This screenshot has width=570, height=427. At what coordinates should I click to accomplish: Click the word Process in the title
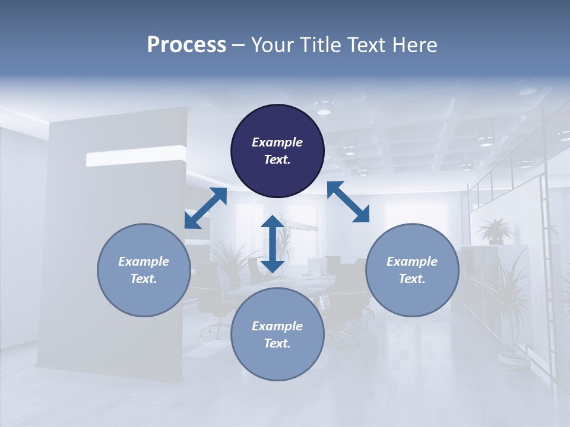click(x=186, y=45)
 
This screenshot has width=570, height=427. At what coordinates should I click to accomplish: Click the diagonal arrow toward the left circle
click(x=205, y=208)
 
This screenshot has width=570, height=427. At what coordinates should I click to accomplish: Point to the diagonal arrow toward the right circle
click(x=348, y=202)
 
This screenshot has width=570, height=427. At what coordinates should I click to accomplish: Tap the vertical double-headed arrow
click(x=273, y=244)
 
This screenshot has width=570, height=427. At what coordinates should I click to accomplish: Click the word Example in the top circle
click(x=277, y=142)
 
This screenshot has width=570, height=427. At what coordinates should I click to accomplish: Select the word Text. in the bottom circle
click(x=277, y=343)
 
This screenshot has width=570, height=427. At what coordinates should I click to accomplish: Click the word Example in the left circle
click(x=144, y=262)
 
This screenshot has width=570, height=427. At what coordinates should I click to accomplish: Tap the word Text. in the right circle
click(x=412, y=279)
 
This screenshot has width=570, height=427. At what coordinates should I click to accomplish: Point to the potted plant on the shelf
click(x=495, y=231)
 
